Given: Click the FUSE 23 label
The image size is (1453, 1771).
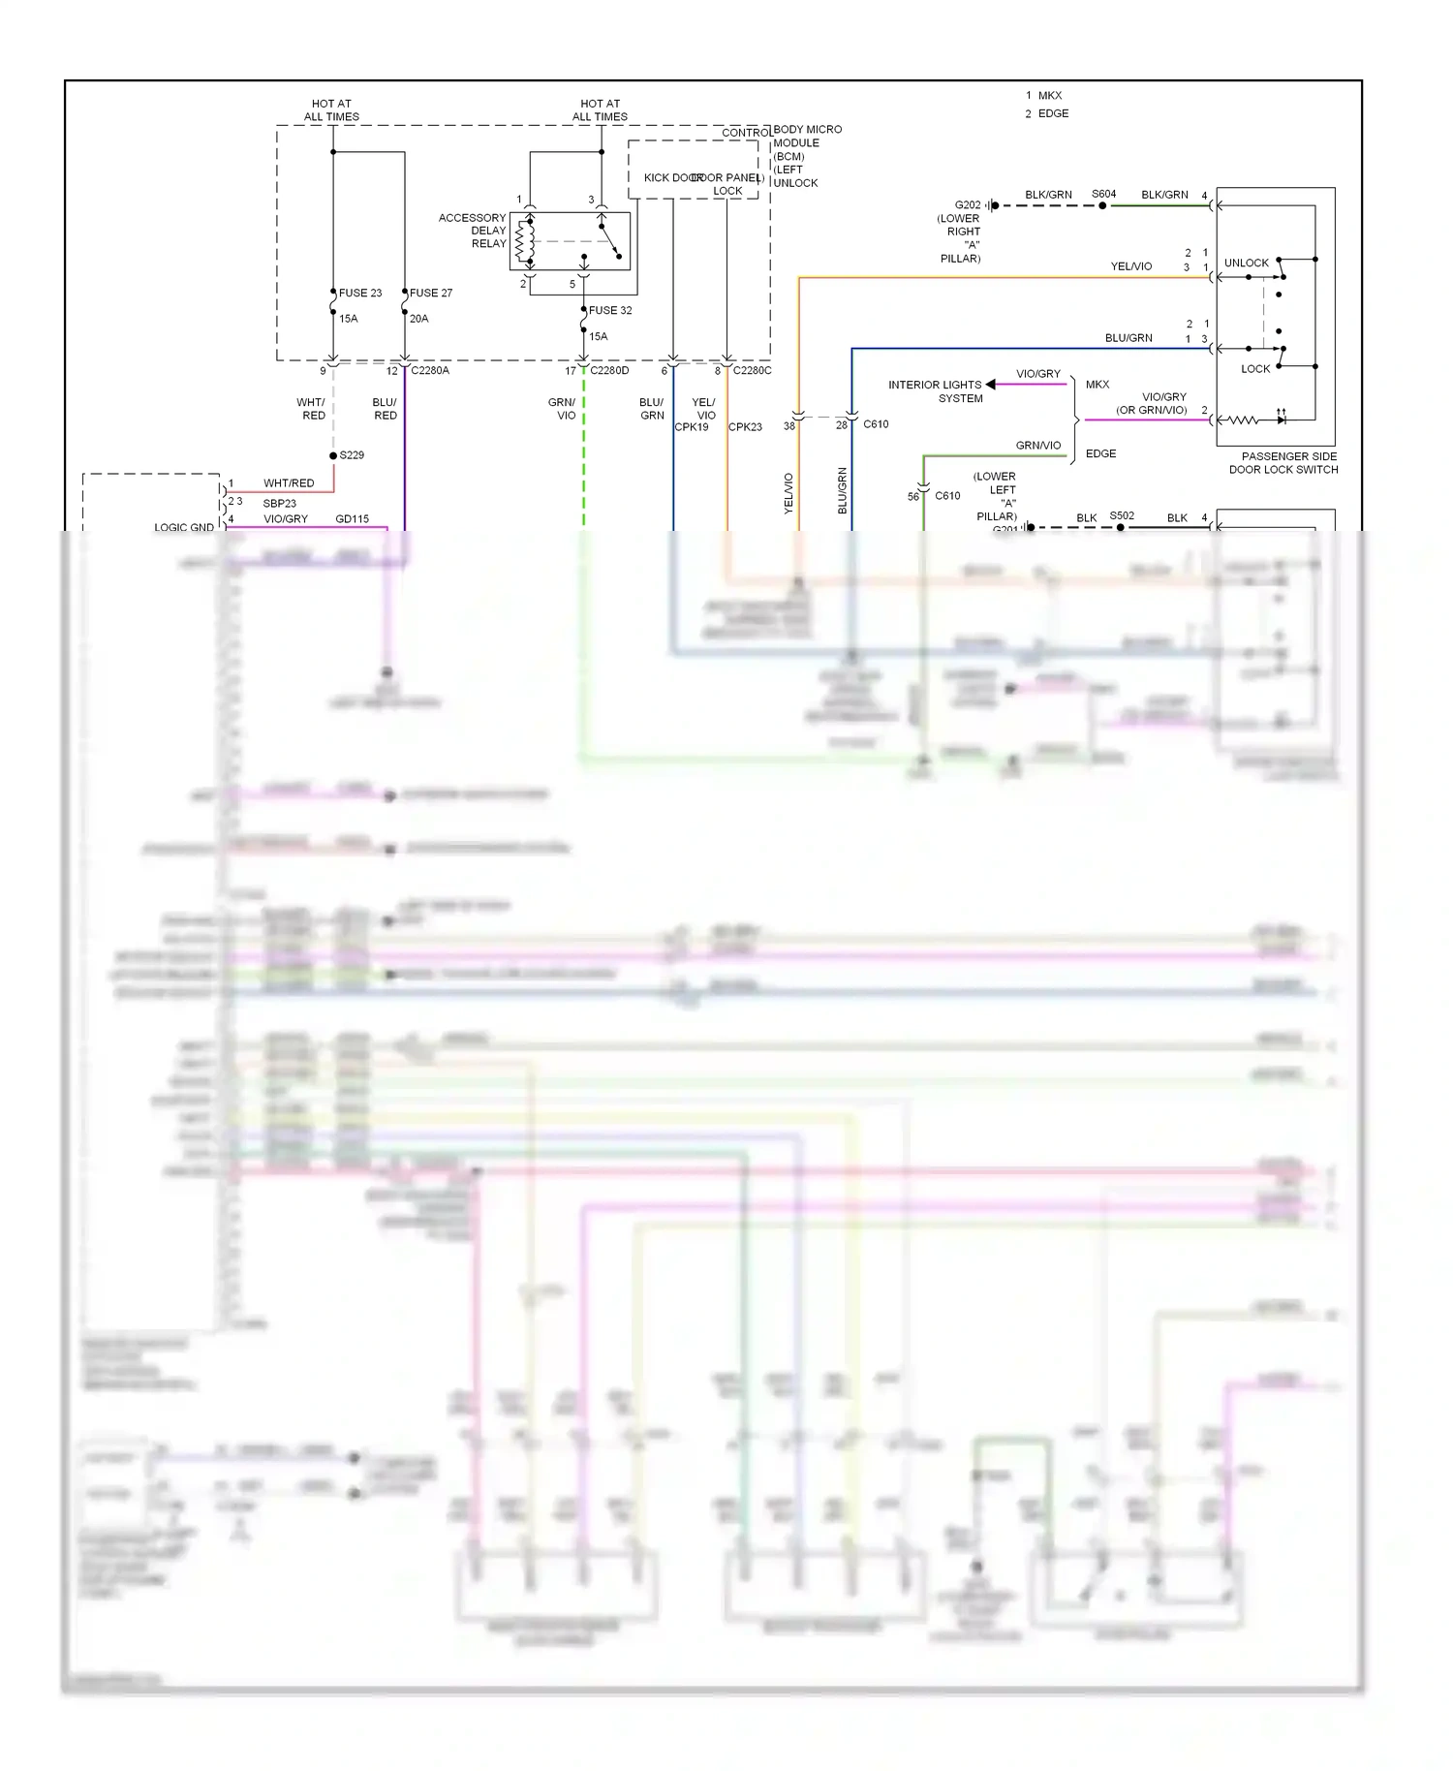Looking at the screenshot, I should coord(359,293).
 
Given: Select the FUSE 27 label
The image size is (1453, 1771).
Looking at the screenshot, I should coord(430,293).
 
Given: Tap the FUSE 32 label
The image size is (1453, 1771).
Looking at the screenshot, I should coord(610,310).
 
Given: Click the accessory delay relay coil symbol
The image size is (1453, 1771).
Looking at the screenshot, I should coord(524,241).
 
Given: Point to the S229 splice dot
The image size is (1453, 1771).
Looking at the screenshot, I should coord(333,455).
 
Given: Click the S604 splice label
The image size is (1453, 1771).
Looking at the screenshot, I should coord(1103,194).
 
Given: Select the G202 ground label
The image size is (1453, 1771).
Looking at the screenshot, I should coord(967,205).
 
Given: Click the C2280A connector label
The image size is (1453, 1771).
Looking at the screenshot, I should coord(430,370).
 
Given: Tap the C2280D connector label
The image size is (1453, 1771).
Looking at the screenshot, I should coord(609,370).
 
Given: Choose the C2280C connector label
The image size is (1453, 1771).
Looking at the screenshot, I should coord(752,370).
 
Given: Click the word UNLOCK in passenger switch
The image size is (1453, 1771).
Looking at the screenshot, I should coord(1246,263).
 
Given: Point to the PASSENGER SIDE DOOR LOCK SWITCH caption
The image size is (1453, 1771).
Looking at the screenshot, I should coord(1283,463).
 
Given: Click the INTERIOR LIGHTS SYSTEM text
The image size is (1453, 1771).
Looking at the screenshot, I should coord(935,391).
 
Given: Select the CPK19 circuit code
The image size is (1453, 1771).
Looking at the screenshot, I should coord(692,427).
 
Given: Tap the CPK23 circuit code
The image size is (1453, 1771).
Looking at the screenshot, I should coord(745,427).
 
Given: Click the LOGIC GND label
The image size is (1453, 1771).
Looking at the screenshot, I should coord(184,527).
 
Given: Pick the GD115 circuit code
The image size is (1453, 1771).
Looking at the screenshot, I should coord(352,519).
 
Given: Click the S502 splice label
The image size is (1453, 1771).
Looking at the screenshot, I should coord(1122,515).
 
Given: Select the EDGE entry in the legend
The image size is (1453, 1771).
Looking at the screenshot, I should coord(1053,113).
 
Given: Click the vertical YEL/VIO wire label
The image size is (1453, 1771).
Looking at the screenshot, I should coord(788,492).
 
